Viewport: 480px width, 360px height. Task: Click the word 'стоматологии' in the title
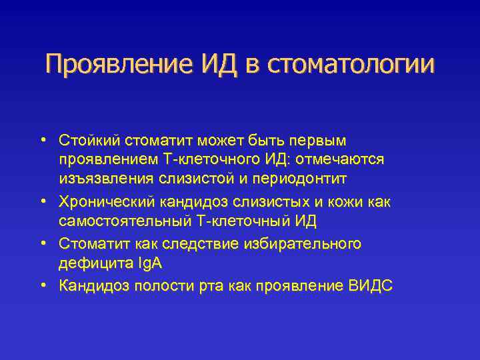click(x=351, y=65)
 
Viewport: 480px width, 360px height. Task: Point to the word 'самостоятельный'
click(x=115, y=221)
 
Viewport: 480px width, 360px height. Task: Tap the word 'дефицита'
click(x=87, y=263)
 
